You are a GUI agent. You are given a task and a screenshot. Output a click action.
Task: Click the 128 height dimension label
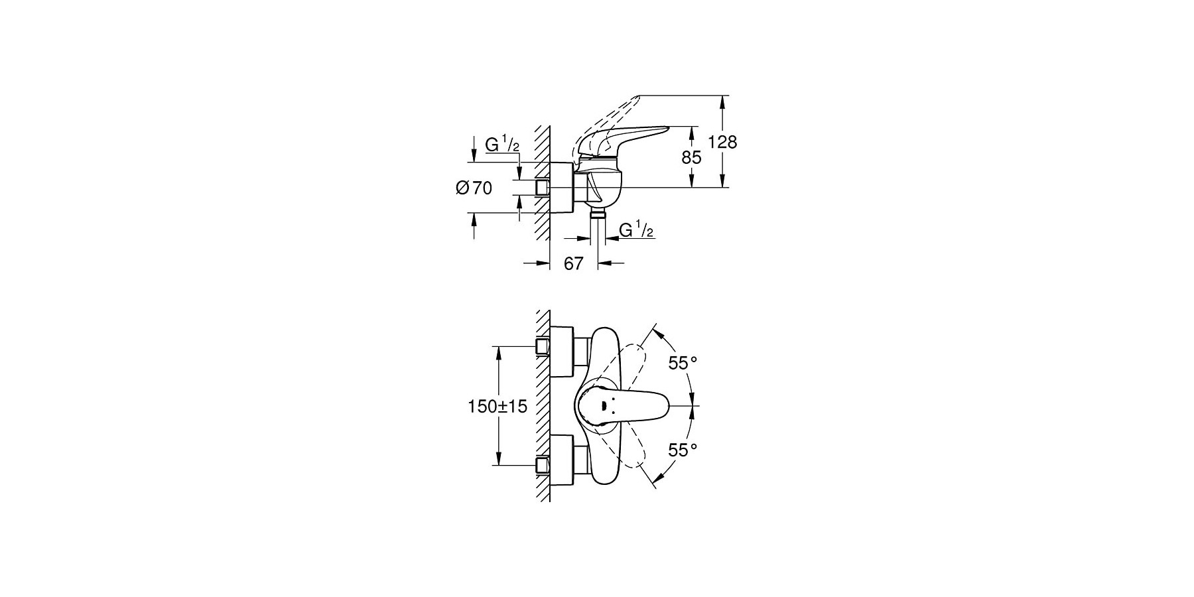point(722,142)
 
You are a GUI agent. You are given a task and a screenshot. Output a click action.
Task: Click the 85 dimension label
point(692,158)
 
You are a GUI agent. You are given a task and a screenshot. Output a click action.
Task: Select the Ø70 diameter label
point(474,188)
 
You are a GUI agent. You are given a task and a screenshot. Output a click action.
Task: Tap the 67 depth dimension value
point(573,264)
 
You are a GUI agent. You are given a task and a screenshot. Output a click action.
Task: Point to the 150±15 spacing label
point(497,407)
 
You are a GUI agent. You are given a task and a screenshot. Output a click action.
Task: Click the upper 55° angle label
point(683,363)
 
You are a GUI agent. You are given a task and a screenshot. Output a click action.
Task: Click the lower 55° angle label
point(683,450)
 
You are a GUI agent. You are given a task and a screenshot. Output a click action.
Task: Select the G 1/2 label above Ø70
point(502,144)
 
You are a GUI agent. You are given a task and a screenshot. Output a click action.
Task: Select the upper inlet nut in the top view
point(543,346)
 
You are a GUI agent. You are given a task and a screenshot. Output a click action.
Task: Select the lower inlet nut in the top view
point(543,466)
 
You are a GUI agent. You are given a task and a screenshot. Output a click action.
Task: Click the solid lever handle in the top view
point(623,406)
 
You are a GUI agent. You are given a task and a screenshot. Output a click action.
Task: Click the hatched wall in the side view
point(543,182)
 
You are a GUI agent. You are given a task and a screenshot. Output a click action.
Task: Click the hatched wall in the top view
point(543,406)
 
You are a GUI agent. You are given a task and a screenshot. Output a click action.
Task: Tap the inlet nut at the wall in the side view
point(543,188)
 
